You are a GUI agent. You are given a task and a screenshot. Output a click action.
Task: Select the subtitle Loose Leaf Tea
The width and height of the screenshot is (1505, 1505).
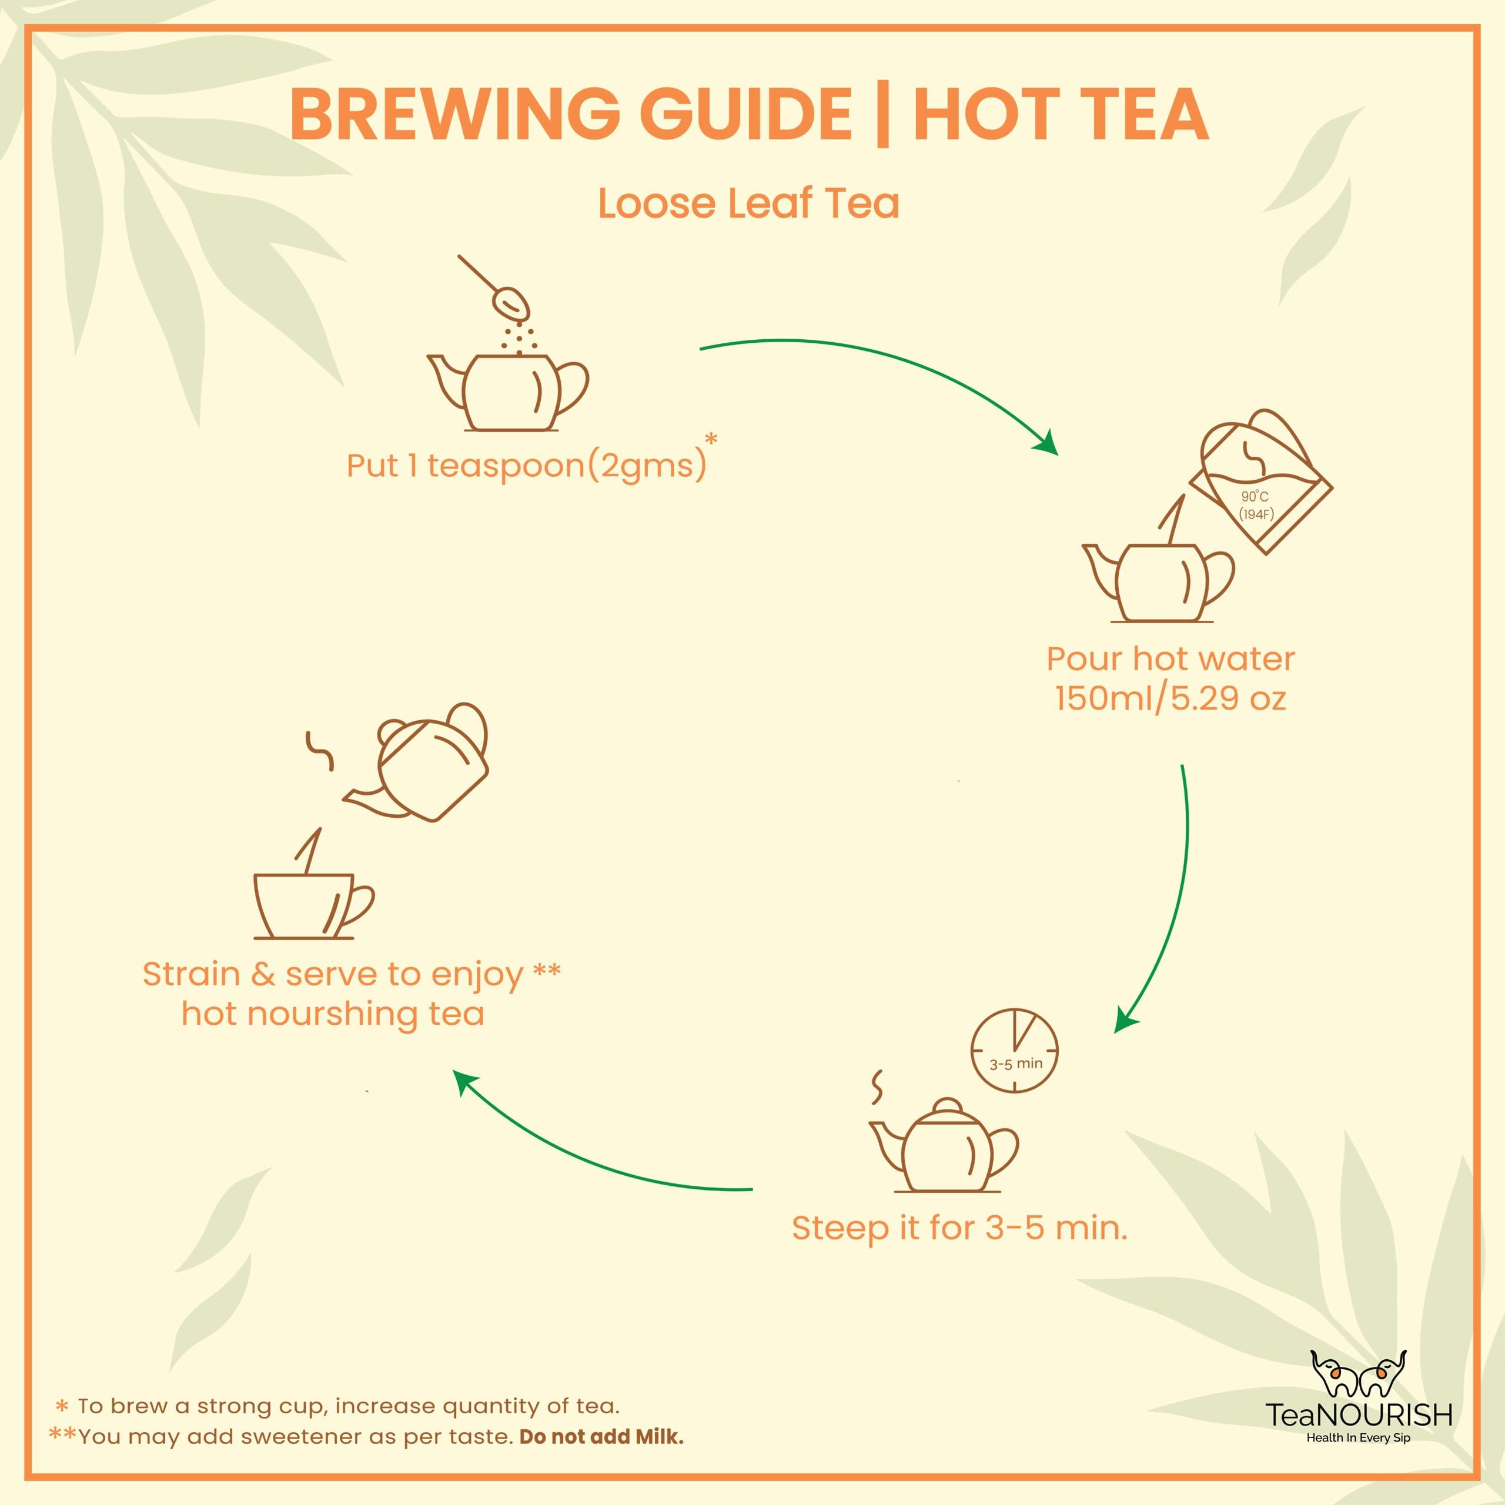748,204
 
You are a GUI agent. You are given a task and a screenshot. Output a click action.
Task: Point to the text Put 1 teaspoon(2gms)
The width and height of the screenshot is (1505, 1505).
527,466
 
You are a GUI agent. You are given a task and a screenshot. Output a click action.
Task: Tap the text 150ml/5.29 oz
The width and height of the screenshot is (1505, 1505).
1170,698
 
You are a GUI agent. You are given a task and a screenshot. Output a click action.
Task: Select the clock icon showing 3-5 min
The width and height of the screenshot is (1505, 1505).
1014,1052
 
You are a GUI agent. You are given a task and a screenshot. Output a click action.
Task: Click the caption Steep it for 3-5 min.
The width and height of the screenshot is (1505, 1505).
959,1229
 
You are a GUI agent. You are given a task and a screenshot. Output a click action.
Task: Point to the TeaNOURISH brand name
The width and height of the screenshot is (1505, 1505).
1359,1414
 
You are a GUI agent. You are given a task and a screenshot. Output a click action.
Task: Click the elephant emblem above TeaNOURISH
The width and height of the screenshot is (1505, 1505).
1358,1373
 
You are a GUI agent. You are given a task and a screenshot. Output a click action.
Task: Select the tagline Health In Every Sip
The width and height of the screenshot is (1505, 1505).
1359,1438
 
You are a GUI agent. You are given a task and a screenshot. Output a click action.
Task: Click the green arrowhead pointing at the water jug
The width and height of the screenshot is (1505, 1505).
1046,444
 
